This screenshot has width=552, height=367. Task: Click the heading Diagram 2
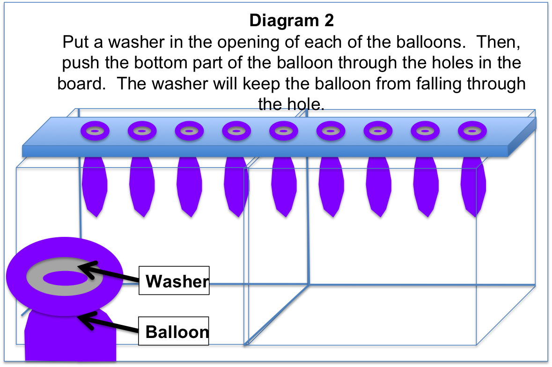(291, 21)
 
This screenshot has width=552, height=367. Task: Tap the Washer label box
(174, 281)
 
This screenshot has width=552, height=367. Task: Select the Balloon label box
(174, 331)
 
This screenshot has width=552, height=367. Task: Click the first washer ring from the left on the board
(95, 132)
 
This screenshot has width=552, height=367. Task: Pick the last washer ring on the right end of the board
(472, 132)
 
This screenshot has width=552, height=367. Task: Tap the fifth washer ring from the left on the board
(283, 132)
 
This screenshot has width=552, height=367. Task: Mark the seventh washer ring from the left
(377, 132)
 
